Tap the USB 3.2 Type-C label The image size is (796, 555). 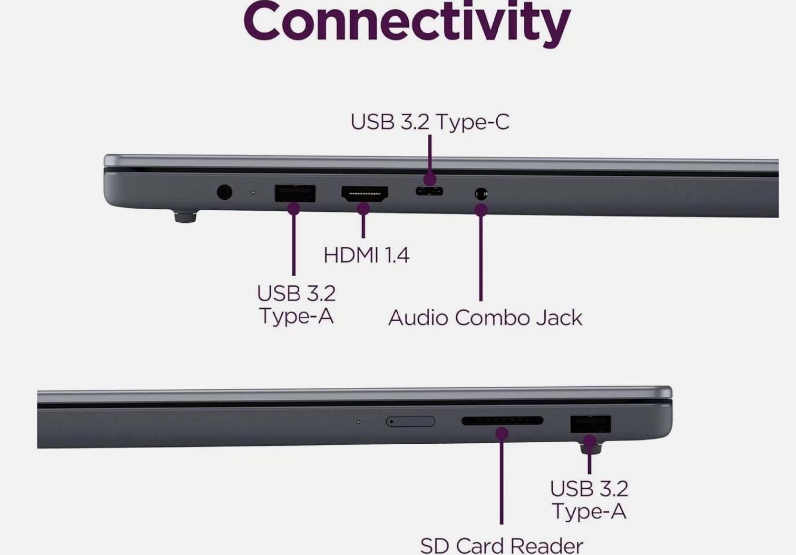pos(430,122)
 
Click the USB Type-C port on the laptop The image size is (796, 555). pos(429,191)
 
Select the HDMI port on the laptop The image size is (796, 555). pos(365,194)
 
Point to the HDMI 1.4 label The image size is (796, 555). pos(366,255)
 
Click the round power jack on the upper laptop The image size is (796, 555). pos(224,192)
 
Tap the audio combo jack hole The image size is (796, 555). pos(481,194)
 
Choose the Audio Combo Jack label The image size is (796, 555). pos(485,317)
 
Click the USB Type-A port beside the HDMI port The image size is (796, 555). pos(295,194)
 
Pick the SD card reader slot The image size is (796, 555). pos(502,421)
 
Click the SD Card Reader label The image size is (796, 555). pos(501,546)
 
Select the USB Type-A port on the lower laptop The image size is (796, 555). pos(591,424)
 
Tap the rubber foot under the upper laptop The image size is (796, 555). pos(185,217)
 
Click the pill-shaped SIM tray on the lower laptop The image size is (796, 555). pos(410,421)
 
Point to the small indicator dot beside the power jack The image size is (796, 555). pos(253,192)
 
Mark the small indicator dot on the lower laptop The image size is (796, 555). pos(358,422)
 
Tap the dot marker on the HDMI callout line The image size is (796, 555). pos(363,209)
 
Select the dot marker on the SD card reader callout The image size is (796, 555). pos(502,434)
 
